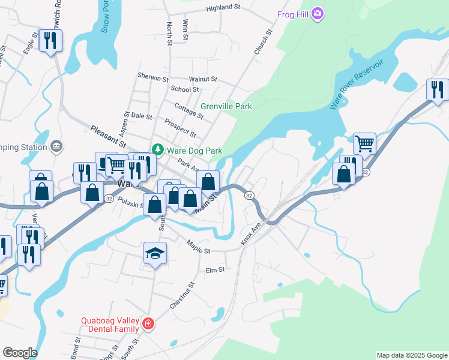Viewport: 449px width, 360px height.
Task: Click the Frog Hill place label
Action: click(x=293, y=14)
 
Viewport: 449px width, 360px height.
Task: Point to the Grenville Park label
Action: click(x=226, y=106)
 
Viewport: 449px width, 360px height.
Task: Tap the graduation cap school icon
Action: click(x=154, y=254)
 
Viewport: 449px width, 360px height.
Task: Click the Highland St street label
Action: click(x=223, y=8)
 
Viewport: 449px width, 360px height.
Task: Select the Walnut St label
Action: click(x=202, y=79)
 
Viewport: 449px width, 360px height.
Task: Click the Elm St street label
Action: click(x=214, y=270)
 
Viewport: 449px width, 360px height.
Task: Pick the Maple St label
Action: click(x=198, y=246)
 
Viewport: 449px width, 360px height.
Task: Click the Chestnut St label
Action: click(x=182, y=295)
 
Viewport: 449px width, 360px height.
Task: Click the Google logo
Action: click(x=19, y=353)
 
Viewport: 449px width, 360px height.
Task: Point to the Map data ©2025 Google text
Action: click(x=411, y=355)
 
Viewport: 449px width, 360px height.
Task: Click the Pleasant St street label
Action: click(x=108, y=137)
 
